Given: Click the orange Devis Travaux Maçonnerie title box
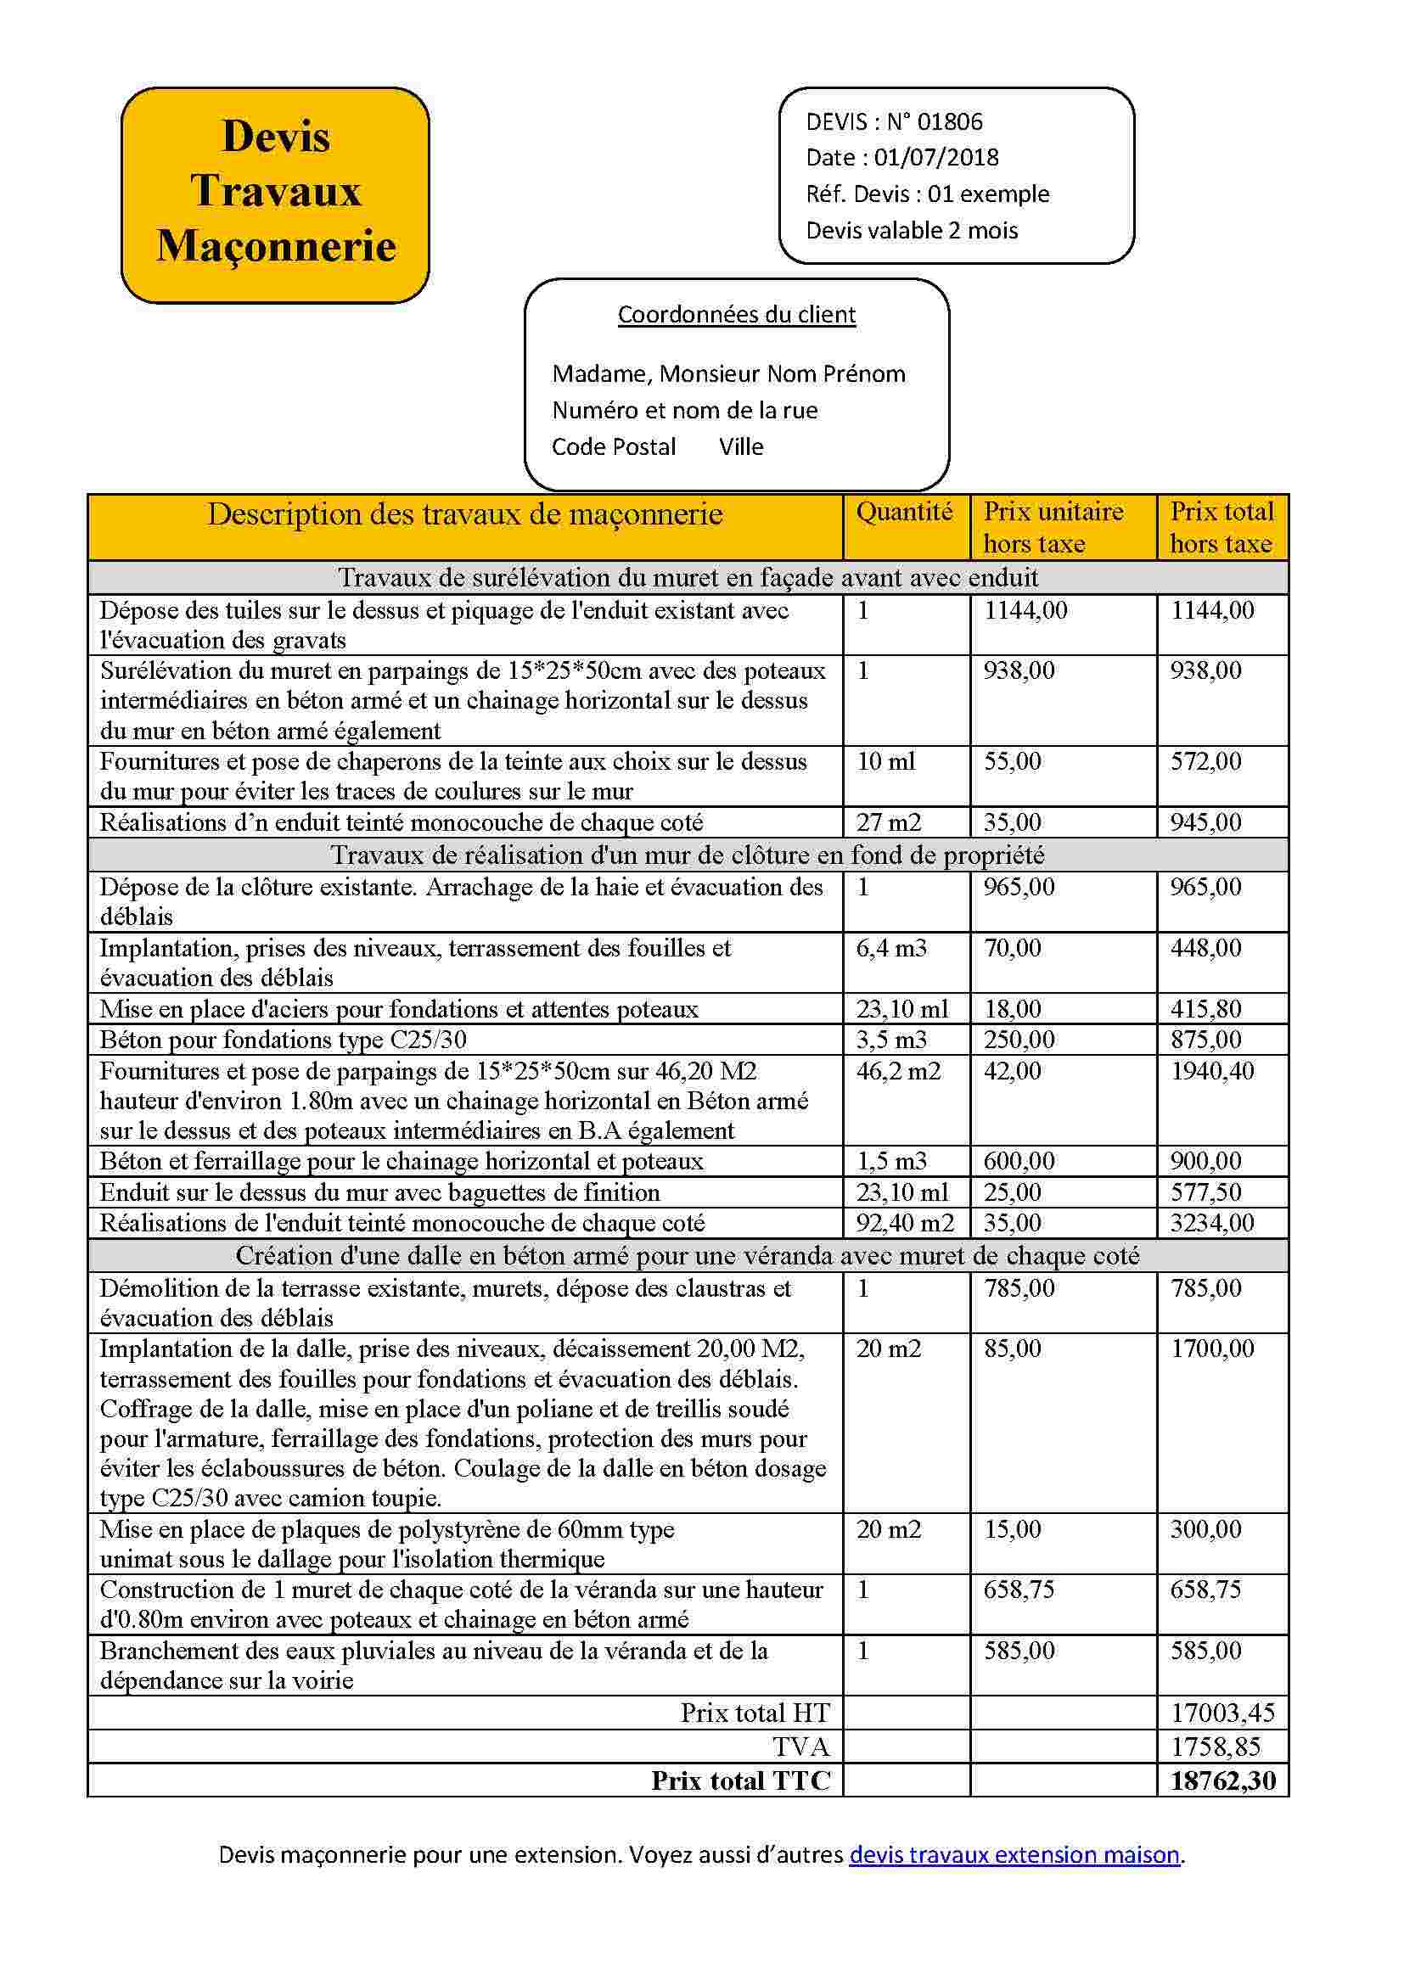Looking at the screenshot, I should [x=275, y=194].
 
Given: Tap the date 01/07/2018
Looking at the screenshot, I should [x=935, y=157].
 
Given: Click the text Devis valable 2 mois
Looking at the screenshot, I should [x=911, y=231].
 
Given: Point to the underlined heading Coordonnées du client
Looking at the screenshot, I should [x=737, y=315].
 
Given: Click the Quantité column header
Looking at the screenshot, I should [x=904, y=512].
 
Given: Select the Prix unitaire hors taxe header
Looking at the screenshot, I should [x=1053, y=527].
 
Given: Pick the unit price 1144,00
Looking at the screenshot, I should [x=1025, y=610].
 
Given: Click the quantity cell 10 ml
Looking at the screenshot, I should [x=885, y=761].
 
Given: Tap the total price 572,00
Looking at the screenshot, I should [x=1205, y=761].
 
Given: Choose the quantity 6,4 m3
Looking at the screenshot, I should [x=890, y=949].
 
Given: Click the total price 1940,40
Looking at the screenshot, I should [x=1212, y=1071].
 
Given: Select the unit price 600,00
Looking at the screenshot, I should [x=1019, y=1161].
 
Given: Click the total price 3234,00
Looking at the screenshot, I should [x=1212, y=1224].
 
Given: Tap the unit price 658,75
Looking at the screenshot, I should [x=1019, y=1590].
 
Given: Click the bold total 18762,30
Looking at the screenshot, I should [x=1222, y=1781].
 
